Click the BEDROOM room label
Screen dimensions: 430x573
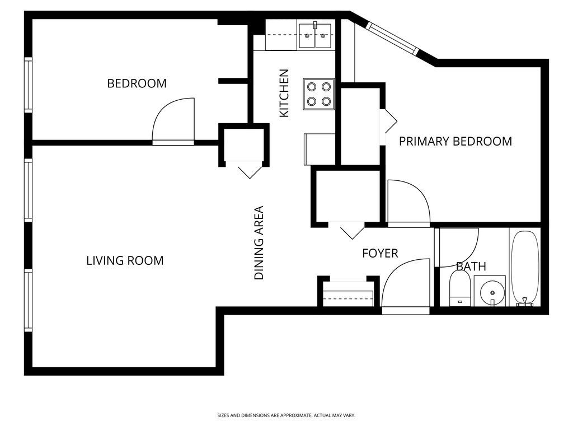137,83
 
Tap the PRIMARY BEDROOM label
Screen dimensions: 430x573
455,141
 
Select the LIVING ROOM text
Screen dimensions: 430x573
125,260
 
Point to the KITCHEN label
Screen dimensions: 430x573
284,93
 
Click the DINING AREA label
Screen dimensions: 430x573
259,243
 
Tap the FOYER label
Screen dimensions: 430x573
380,254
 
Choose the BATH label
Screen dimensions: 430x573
471,267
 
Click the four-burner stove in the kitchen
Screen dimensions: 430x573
319,94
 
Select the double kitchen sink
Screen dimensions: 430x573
316,36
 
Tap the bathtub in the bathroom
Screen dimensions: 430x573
524,268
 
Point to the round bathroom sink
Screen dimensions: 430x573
491,292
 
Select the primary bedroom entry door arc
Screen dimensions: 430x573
407,201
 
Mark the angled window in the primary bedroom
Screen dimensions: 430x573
392,38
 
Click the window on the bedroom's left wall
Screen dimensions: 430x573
27,85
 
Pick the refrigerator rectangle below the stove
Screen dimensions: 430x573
320,149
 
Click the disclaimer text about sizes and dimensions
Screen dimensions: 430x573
286,415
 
